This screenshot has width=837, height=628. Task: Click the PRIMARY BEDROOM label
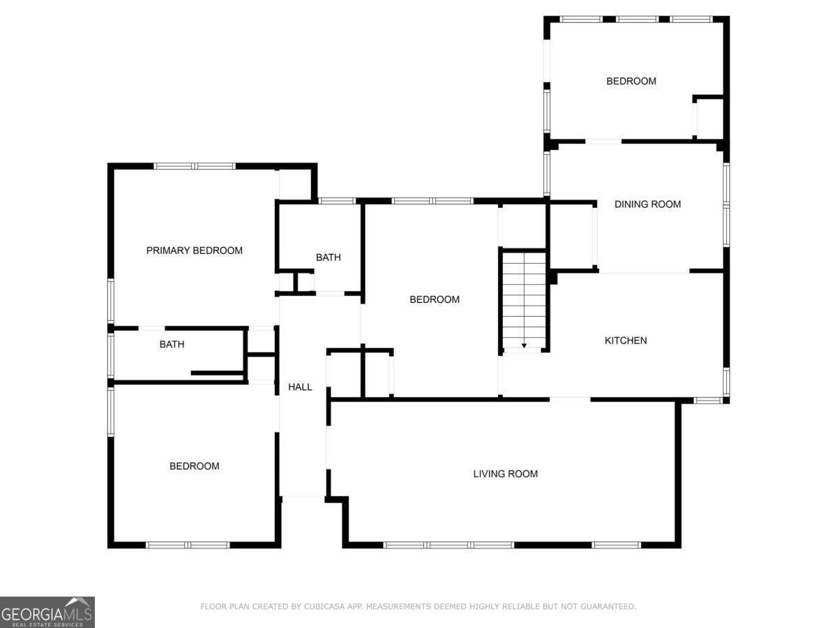pyautogui.click(x=194, y=251)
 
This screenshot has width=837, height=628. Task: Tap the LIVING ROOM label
pyautogui.click(x=505, y=474)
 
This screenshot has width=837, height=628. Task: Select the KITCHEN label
pyautogui.click(x=625, y=341)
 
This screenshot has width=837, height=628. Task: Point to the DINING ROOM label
pyautogui.click(x=647, y=204)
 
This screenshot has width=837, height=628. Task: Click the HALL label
pyautogui.click(x=300, y=387)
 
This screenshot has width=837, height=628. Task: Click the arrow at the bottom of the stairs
pyautogui.click(x=524, y=345)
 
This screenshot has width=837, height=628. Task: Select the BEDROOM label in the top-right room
pyautogui.click(x=631, y=81)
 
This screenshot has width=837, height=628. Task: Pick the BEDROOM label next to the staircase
pyautogui.click(x=434, y=299)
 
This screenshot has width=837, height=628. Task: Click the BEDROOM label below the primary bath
pyautogui.click(x=194, y=466)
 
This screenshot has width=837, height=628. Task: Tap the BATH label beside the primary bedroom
pyautogui.click(x=328, y=257)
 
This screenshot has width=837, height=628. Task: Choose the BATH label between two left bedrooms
pyautogui.click(x=172, y=344)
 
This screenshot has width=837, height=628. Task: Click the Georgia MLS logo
pyautogui.click(x=47, y=612)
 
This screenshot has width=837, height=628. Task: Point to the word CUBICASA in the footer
pyautogui.click(x=323, y=607)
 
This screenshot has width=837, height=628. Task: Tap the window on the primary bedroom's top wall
pyautogui.click(x=195, y=166)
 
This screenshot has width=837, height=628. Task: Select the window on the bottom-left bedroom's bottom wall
pyautogui.click(x=188, y=544)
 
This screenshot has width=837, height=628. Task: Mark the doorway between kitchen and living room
pyautogui.click(x=569, y=399)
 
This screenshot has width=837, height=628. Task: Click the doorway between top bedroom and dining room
pyautogui.click(x=603, y=142)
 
